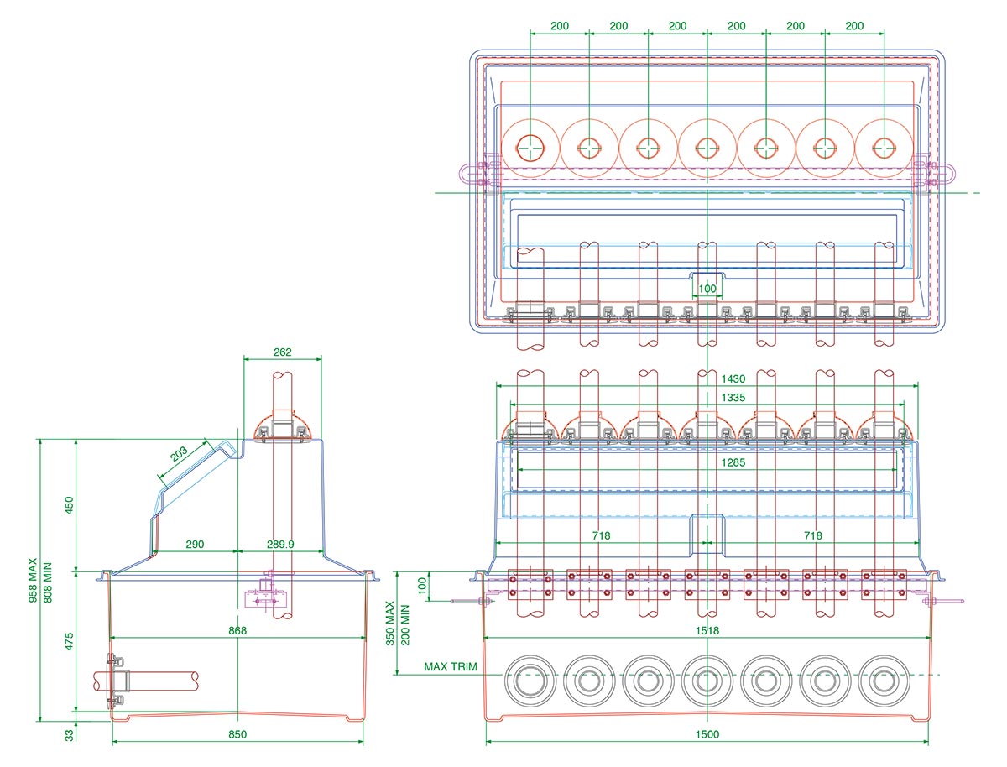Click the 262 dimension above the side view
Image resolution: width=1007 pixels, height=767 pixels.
click(x=283, y=352)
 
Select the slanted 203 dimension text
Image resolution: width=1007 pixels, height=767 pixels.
click(x=179, y=455)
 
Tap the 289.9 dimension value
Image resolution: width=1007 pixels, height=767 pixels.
click(x=279, y=545)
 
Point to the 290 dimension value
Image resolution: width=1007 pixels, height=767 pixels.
click(x=195, y=545)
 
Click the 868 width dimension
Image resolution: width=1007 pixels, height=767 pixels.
click(x=237, y=630)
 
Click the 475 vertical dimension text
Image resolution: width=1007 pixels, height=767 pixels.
click(x=70, y=642)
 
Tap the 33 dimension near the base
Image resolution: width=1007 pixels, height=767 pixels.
click(x=70, y=735)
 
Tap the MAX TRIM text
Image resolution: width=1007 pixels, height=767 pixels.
click(x=450, y=667)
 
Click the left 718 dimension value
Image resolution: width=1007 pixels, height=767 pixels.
click(x=601, y=535)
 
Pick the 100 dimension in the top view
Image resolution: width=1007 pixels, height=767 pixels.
click(x=707, y=289)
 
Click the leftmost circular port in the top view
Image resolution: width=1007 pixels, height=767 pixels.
click(x=530, y=148)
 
